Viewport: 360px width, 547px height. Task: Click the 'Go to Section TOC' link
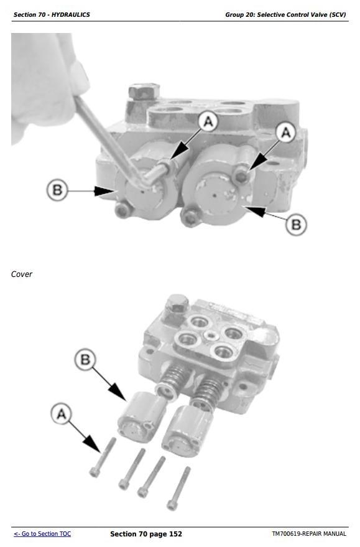pos(42,534)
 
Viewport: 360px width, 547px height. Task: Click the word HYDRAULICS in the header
pos(73,15)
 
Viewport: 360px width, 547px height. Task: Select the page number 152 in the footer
pos(175,534)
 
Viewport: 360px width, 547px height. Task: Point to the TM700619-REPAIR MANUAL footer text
pos(309,534)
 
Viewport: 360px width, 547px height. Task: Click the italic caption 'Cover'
pos(22,274)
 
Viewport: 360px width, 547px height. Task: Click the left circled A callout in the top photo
pos(208,121)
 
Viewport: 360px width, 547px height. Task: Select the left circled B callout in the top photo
pos(57,190)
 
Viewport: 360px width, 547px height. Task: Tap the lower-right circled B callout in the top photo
pos(296,224)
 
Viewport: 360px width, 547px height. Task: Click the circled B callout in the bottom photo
pos(85,359)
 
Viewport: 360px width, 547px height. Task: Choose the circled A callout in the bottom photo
pos(61,414)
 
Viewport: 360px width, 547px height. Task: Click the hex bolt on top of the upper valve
pos(144,91)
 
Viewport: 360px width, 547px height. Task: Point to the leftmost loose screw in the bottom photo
pos(103,457)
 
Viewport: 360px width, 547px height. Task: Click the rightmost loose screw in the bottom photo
pos(179,489)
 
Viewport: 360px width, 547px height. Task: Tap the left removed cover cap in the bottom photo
pos(141,416)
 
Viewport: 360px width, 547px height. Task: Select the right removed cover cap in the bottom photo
pos(186,431)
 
